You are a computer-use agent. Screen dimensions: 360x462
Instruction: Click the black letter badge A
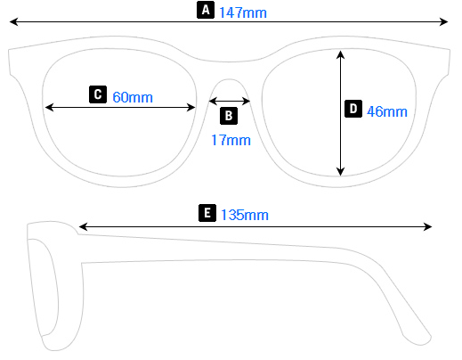click(x=206, y=11)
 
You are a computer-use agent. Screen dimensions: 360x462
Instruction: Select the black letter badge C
click(x=99, y=94)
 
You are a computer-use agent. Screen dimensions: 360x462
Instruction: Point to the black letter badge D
click(x=353, y=110)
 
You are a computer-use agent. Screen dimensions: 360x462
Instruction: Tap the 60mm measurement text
click(x=133, y=96)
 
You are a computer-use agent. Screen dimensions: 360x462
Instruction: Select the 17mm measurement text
click(x=231, y=140)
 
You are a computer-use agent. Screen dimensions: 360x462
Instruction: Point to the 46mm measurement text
click(x=386, y=111)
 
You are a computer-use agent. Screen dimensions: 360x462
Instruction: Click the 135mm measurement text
click(x=244, y=215)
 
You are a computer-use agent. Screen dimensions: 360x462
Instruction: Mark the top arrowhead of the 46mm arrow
click(x=340, y=53)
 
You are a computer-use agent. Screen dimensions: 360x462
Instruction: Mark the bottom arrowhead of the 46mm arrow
click(x=340, y=172)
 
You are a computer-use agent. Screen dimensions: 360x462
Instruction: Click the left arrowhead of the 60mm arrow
click(x=48, y=107)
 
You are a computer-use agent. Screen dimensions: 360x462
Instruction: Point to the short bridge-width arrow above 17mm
click(x=231, y=101)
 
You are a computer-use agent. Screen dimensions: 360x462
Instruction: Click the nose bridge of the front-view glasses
click(x=231, y=71)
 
